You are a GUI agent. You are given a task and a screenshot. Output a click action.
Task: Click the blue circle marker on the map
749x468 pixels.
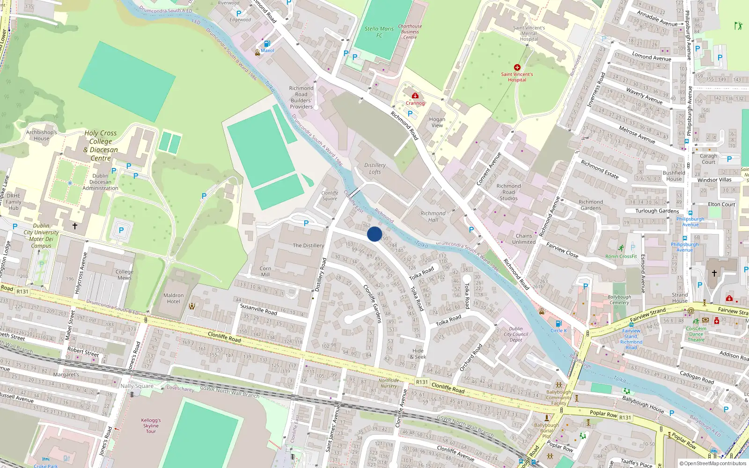click(x=374, y=234)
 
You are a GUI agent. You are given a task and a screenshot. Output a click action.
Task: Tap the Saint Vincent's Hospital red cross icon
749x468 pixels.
click(x=517, y=67)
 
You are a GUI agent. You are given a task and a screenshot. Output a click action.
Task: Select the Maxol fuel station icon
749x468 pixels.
click(x=267, y=44)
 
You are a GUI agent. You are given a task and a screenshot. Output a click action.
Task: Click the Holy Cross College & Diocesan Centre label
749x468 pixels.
click(x=101, y=146)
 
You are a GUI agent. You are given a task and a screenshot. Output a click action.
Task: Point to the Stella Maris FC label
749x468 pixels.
click(x=379, y=32)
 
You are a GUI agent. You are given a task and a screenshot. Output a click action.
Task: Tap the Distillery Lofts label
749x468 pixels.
click(x=375, y=168)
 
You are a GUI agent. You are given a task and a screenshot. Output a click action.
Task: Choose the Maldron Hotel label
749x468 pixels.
click(x=174, y=298)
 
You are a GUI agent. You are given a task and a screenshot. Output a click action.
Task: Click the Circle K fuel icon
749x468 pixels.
click(x=558, y=323)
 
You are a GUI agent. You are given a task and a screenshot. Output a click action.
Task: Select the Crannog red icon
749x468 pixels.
click(x=415, y=96)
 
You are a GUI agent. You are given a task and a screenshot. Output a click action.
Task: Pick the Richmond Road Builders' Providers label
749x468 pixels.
click(x=301, y=97)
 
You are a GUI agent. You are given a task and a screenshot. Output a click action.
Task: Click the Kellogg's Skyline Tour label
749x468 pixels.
click(x=151, y=425)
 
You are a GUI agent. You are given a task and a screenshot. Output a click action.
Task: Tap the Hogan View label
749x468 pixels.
click(x=437, y=122)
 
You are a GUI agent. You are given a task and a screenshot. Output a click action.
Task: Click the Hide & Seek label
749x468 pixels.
click(x=418, y=354)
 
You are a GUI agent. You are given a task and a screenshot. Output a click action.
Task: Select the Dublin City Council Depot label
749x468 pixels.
click(x=516, y=334)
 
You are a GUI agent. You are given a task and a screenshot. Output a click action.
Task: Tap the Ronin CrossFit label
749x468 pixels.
click(x=621, y=256)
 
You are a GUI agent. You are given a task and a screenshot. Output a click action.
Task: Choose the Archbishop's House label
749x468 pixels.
click(x=41, y=135)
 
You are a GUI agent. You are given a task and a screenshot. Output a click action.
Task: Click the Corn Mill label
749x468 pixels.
click(x=265, y=271)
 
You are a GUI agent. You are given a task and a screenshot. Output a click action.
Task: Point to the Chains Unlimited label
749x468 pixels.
click(x=524, y=239)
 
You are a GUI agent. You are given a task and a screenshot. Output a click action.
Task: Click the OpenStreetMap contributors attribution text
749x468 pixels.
click(x=713, y=463)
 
